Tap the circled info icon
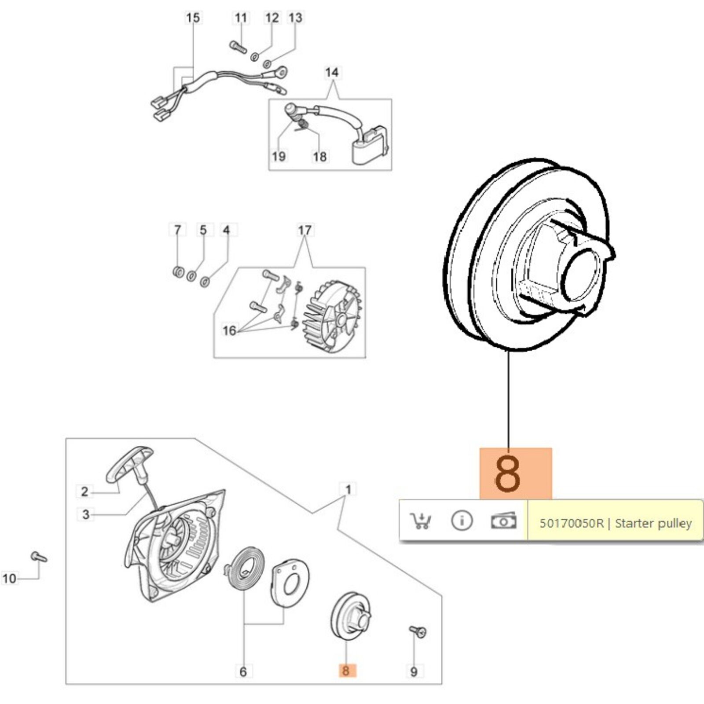point(462,521)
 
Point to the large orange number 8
point(508,474)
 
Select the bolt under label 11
point(238,46)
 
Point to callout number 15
point(193,18)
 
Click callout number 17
point(304,230)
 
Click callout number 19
point(279,156)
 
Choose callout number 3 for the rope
point(86,514)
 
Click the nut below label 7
point(178,271)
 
